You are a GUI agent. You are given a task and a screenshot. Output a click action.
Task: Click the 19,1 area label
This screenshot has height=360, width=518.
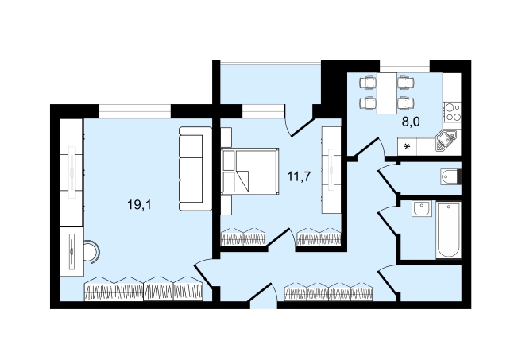139,205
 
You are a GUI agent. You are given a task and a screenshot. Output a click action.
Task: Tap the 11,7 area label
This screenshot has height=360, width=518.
299,177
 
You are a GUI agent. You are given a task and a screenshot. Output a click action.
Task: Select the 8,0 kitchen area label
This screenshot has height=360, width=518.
411,122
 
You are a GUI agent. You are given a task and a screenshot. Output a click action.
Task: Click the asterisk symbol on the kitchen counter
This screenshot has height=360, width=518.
407,146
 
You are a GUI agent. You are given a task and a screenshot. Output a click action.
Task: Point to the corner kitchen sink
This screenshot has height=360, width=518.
446,141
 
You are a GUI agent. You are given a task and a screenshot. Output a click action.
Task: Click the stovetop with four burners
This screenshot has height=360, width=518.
453,112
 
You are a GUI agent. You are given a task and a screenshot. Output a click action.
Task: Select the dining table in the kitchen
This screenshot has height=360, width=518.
387,93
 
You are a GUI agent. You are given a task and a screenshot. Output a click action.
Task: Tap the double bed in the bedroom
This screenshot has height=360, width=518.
249,171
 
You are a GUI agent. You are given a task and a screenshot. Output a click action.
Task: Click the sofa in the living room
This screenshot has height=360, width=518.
195,168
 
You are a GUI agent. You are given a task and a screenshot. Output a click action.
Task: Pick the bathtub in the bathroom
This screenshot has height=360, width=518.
448,230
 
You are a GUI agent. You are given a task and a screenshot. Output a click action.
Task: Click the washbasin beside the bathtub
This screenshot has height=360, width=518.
422,208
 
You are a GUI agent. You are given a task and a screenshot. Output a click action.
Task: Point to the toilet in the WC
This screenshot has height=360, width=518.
450,177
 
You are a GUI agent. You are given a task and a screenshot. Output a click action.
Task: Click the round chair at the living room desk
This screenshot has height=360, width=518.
92,252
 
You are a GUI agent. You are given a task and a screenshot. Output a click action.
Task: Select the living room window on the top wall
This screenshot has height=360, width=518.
135,111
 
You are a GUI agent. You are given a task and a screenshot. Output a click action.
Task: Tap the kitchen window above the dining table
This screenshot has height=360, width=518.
404,66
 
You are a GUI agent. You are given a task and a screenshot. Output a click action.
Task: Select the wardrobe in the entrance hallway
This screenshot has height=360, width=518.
329,292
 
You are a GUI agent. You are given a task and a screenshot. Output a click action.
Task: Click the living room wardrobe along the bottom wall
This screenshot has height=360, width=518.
143,289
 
